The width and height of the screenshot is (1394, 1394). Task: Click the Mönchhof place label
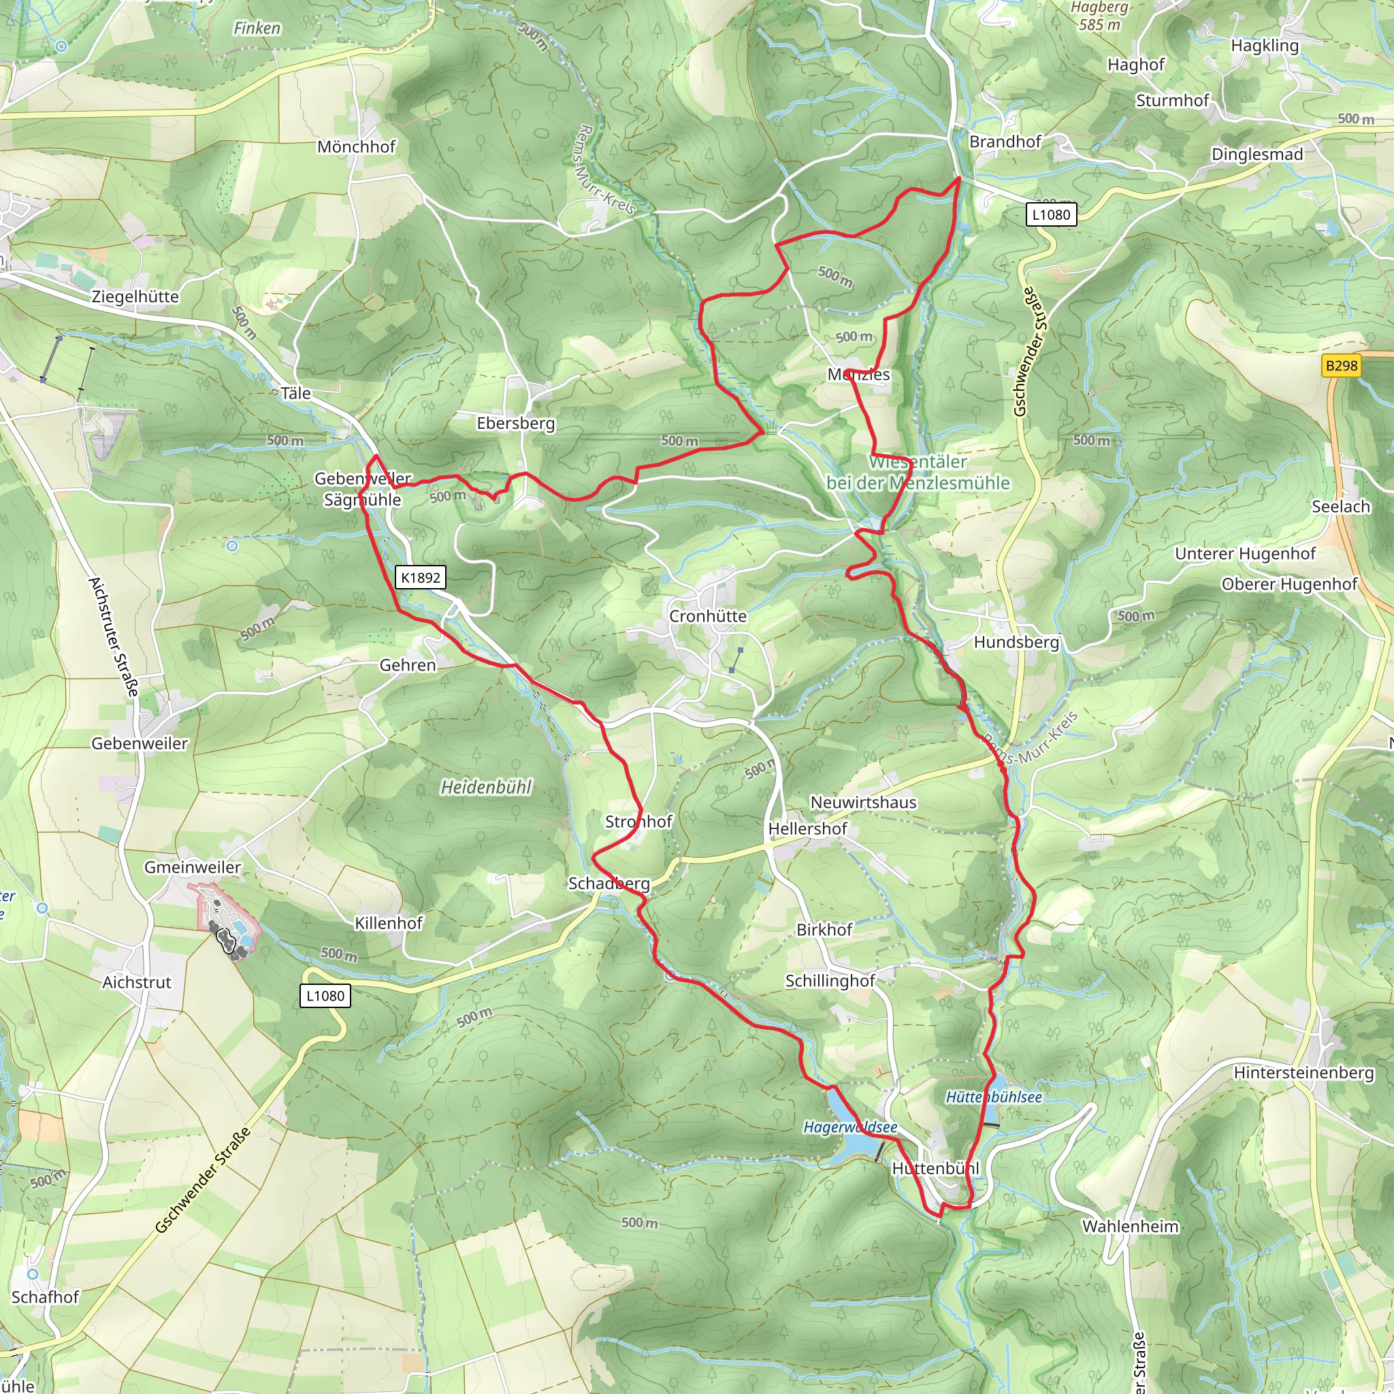click(x=357, y=147)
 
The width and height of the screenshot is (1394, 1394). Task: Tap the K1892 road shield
click(x=421, y=577)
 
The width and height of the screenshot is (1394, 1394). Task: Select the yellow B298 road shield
click(x=1342, y=366)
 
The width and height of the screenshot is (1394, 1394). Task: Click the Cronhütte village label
click(x=707, y=616)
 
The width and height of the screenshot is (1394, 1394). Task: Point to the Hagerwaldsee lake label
click(x=850, y=1127)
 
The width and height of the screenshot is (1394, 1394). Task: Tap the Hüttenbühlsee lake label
click(x=994, y=1097)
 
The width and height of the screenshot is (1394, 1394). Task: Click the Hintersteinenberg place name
click(x=1303, y=1073)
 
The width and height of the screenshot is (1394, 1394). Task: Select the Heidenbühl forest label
click(x=486, y=788)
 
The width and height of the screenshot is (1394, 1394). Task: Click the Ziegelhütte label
click(x=135, y=297)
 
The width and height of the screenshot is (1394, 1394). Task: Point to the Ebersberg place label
click(x=515, y=423)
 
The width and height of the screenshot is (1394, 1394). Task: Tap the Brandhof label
click(x=1005, y=142)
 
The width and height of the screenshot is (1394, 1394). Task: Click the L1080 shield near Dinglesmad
click(x=1050, y=214)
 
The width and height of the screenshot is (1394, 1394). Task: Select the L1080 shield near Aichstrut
click(x=325, y=996)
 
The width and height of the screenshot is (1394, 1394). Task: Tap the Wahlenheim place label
click(x=1130, y=1227)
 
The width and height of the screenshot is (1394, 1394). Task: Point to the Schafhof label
click(x=45, y=1297)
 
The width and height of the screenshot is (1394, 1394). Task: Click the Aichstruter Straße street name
click(x=113, y=636)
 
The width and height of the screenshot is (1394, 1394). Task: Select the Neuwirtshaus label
click(x=863, y=803)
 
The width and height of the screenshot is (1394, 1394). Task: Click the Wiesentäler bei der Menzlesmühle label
click(x=918, y=472)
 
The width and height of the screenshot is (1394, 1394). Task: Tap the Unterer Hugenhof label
click(x=1245, y=553)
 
